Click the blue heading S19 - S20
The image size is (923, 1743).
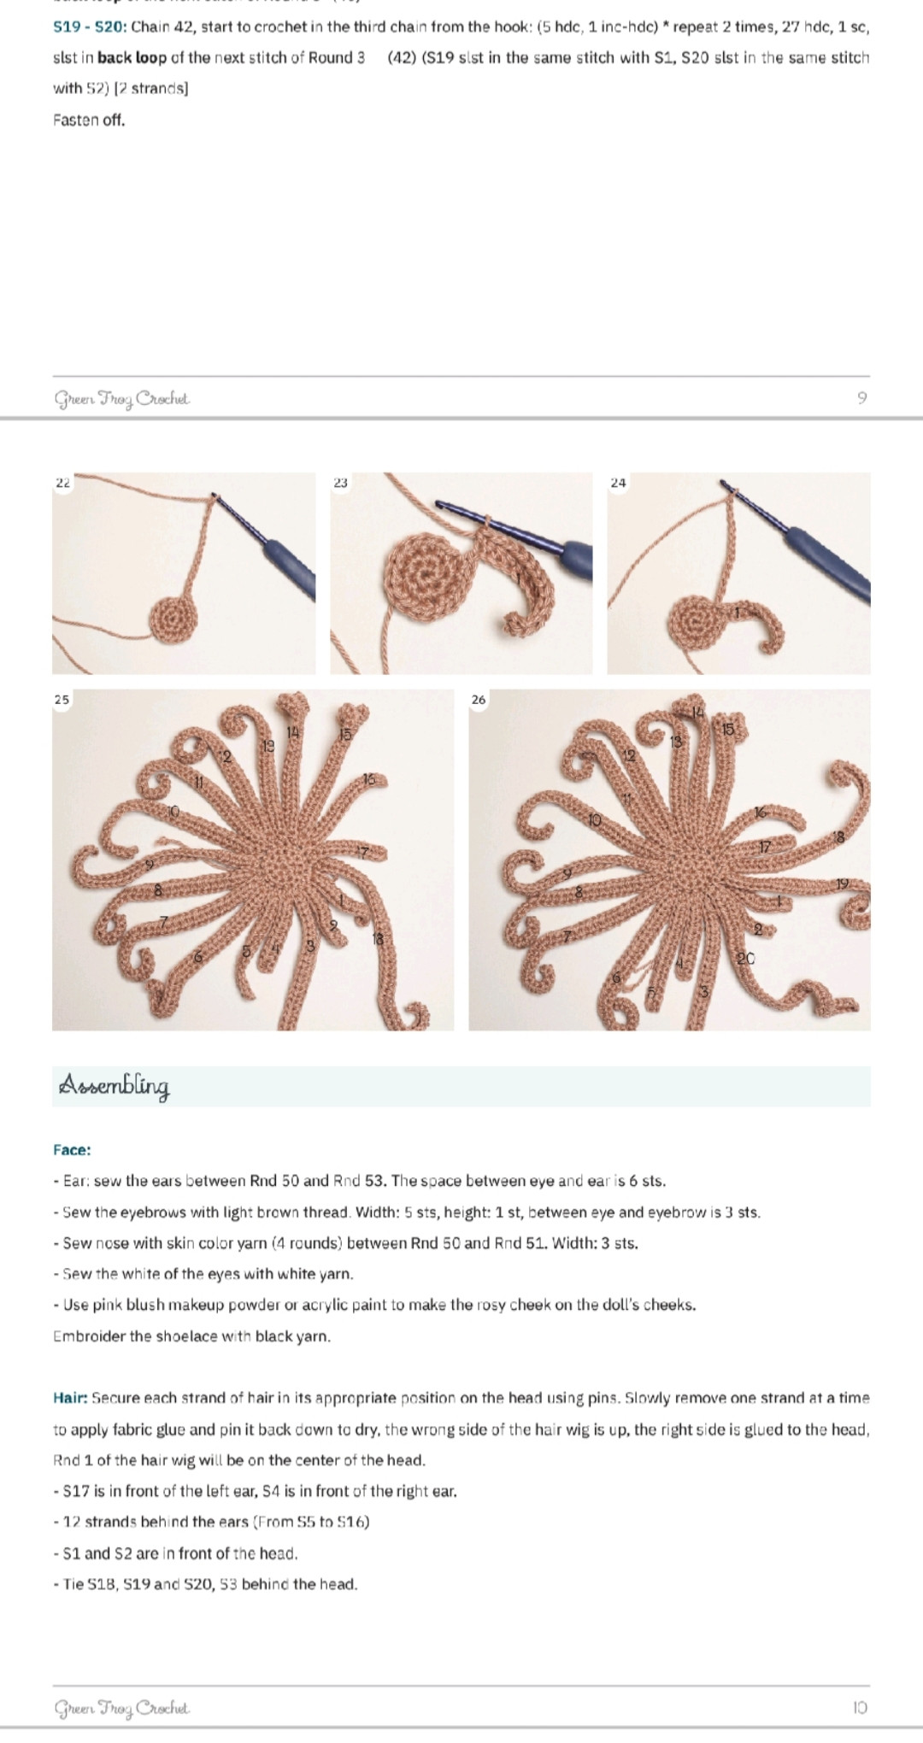pos(90,26)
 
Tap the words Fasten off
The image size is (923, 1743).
pos(89,120)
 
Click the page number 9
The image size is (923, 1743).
pos(861,397)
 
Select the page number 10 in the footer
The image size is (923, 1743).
pos(860,1707)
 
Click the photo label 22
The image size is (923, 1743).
pos(62,483)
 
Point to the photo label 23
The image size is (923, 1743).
pos(340,483)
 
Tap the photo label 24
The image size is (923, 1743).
pos(618,483)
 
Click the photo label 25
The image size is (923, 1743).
pos(62,700)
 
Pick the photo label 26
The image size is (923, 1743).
pos(479,700)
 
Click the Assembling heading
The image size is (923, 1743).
pos(114,1086)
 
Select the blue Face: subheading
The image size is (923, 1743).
pos(72,1150)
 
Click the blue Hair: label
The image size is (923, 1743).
pos(70,1399)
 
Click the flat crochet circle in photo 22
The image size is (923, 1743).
pos(173,620)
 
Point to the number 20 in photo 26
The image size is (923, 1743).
pos(746,959)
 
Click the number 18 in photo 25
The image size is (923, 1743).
pos(378,939)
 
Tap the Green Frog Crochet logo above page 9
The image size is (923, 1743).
pos(122,399)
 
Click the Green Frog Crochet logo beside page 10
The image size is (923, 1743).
pos(122,1708)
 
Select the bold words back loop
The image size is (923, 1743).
pos(132,58)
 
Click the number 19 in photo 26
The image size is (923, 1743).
pos(843,883)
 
